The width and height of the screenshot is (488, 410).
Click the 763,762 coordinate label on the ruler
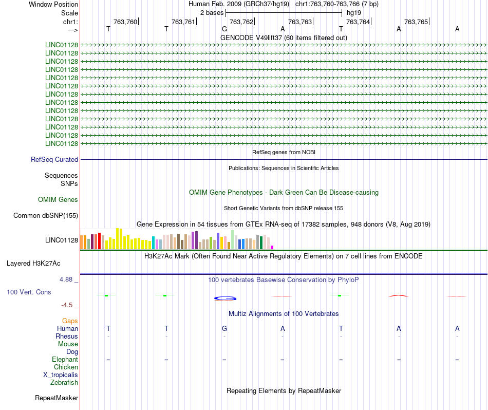coord(241,22)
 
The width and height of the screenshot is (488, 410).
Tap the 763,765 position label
coord(416,22)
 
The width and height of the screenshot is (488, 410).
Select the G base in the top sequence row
coord(224,29)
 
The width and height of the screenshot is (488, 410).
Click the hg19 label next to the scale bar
coord(354,12)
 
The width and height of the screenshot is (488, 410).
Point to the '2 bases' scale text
coord(212,12)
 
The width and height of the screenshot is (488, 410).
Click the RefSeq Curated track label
coord(54,160)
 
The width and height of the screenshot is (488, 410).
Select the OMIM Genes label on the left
coord(58,200)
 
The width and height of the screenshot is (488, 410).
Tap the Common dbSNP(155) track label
coord(46,216)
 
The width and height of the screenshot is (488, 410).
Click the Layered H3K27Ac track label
coord(33,264)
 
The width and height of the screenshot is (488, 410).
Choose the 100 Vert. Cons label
coord(28,292)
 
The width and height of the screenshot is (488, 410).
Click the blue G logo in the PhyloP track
coord(225,297)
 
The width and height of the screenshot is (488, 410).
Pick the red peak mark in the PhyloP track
coord(399,295)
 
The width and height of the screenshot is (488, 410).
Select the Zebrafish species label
coord(64,383)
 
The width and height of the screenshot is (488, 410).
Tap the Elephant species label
coord(65,360)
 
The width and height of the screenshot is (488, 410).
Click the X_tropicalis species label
coord(61,375)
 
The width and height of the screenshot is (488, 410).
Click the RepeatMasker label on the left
coord(57,398)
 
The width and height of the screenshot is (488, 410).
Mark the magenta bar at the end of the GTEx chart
coord(272,247)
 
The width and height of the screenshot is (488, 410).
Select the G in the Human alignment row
coord(224,328)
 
